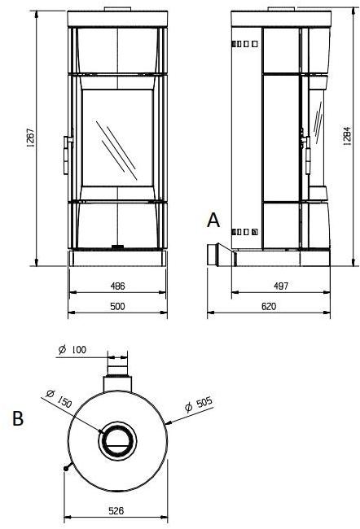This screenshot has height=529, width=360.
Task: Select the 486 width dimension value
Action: [117, 287]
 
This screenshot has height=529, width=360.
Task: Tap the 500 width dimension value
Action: [117, 305]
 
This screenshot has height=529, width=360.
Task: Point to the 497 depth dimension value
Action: [279, 287]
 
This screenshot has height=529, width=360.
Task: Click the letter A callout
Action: [213, 220]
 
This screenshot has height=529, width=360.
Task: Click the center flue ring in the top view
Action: [116, 442]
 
